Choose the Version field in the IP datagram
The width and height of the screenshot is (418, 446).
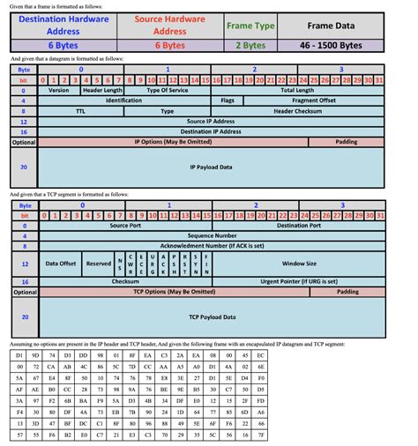click(59, 90)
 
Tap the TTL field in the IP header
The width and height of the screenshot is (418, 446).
click(80, 112)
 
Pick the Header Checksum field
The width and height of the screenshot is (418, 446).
click(298, 112)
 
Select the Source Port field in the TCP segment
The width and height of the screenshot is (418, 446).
click(125, 225)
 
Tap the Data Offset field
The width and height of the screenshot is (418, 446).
click(60, 263)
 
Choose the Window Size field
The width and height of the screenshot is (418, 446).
click(298, 263)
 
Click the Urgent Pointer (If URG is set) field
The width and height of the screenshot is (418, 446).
click(298, 281)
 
